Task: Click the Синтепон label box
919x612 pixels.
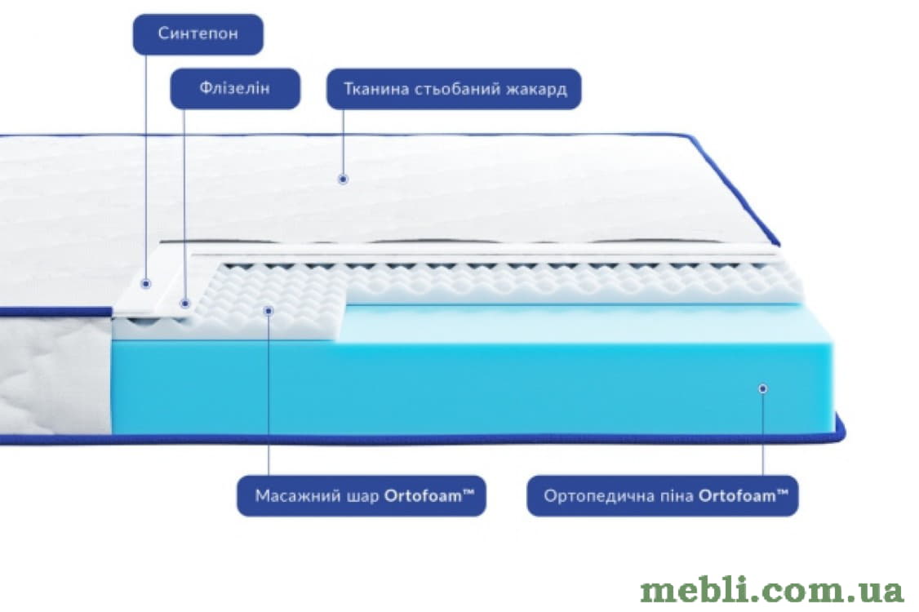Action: coord(198,34)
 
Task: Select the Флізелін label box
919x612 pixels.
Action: coord(235,88)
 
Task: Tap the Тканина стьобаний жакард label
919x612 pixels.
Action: coord(455,88)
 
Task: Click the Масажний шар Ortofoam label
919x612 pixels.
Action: coord(362,496)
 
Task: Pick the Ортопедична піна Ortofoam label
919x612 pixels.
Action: coord(663,496)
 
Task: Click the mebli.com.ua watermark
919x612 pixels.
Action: coord(772,590)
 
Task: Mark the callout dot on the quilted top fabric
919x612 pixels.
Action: coord(344,179)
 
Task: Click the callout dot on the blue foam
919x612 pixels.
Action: coord(762,388)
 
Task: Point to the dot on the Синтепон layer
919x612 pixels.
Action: coord(146,284)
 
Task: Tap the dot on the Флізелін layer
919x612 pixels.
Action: coord(184,303)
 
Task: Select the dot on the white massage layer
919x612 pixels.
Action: coord(269,310)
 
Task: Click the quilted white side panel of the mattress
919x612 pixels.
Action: coord(55,375)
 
